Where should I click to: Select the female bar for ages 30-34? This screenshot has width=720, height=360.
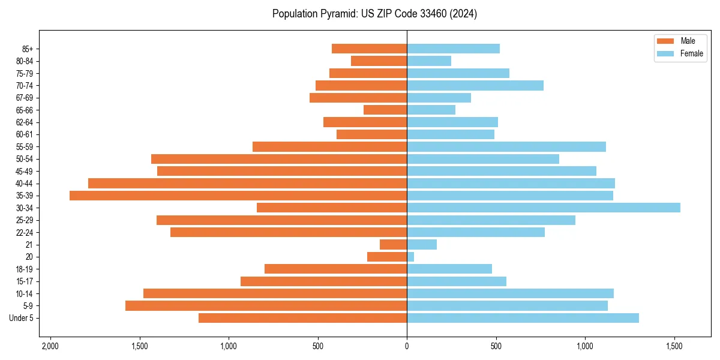(544, 208)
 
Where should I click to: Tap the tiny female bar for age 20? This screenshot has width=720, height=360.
(410, 257)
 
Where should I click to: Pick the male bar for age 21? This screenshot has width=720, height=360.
(394, 245)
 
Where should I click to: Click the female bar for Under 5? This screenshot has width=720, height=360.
(523, 318)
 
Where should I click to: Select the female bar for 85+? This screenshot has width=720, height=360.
(453, 49)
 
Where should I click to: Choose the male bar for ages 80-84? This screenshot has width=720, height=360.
(379, 61)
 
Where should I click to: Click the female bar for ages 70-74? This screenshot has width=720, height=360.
(475, 86)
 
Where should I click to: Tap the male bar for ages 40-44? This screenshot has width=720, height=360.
(247, 184)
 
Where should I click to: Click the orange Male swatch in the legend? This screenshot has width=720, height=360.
(666, 41)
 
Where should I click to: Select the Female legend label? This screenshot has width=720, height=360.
(692, 53)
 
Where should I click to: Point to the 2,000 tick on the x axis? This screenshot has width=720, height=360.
(50, 346)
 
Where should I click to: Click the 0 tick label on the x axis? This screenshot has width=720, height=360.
(407, 346)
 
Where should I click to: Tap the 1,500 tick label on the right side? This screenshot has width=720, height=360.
(674, 346)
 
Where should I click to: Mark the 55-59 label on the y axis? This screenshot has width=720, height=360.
(25, 147)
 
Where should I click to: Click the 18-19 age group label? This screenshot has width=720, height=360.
(25, 269)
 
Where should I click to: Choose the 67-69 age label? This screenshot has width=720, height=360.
(25, 98)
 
